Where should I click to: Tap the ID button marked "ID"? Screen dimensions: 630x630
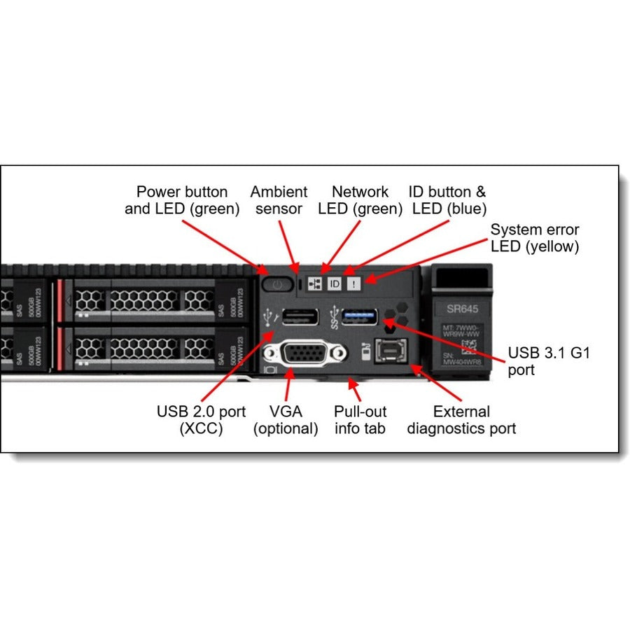click(x=335, y=283)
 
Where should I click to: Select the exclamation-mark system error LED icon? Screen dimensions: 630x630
click(x=354, y=283)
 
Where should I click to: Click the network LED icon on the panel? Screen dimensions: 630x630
click(x=315, y=283)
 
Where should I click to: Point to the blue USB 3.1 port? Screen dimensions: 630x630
click(x=360, y=316)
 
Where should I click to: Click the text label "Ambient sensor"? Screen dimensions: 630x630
click(x=279, y=200)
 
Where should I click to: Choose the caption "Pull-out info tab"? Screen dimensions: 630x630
click(x=360, y=420)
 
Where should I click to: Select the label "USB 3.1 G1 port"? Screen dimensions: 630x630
click(x=549, y=361)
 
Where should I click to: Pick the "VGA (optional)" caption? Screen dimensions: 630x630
click(x=286, y=420)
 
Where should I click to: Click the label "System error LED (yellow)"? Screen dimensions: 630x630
click(x=535, y=237)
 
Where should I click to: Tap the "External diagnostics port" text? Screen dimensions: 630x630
click(x=461, y=420)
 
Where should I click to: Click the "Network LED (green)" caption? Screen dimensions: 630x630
click(x=360, y=200)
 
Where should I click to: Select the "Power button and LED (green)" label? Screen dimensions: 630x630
click(x=182, y=200)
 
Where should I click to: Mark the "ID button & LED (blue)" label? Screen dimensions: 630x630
click(x=447, y=200)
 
